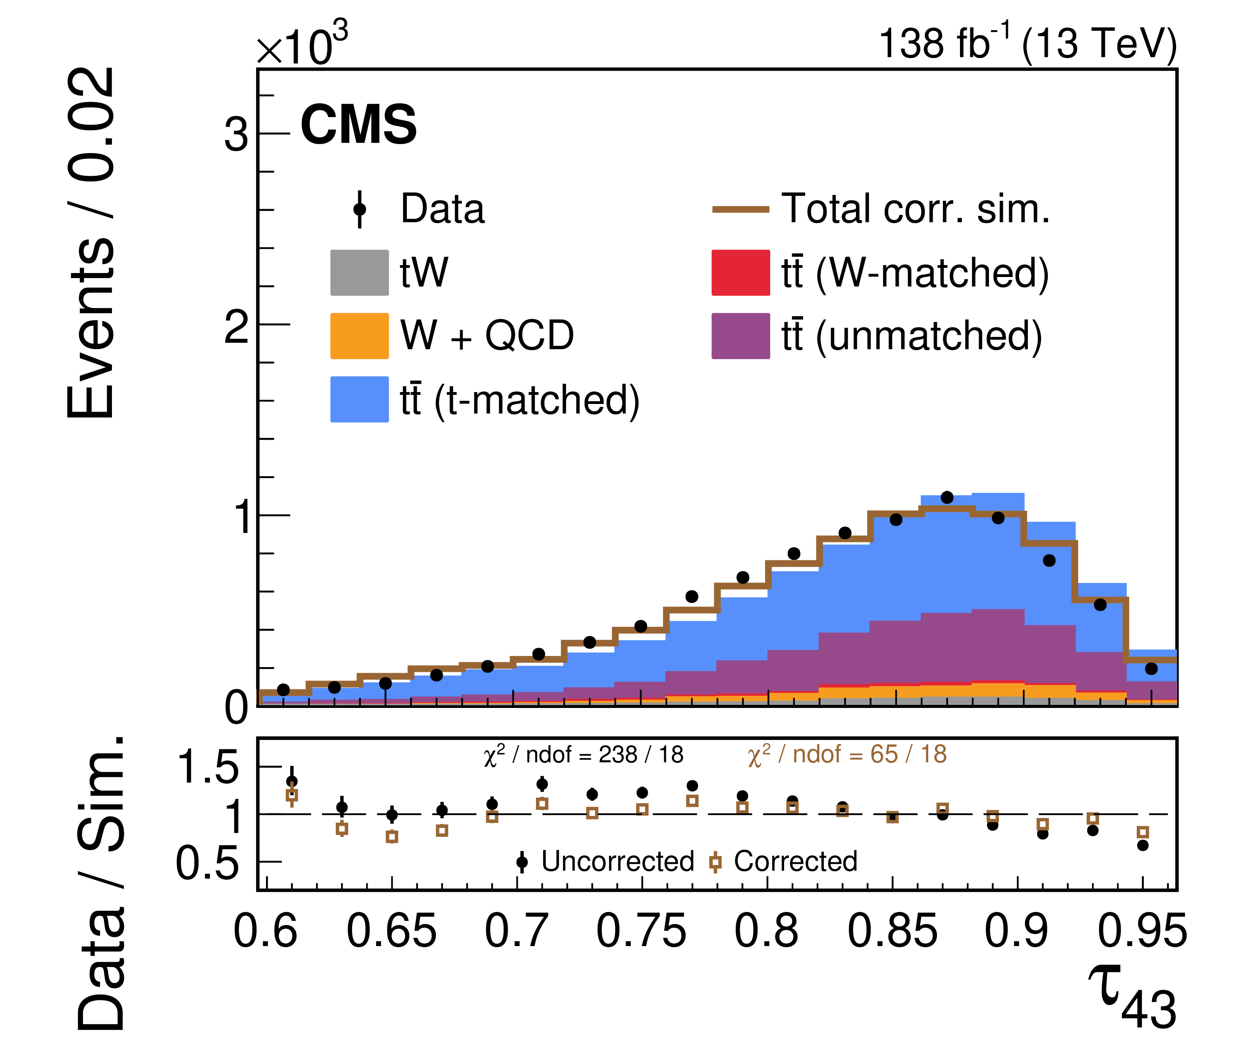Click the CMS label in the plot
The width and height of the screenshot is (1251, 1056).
tap(358, 125)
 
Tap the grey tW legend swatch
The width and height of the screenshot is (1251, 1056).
tap(359, 272)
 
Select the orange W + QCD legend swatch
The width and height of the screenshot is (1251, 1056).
tap(359, 336)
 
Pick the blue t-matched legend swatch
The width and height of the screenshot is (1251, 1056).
tap(359, 399)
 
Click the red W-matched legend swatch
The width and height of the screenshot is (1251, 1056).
tap(740, 272)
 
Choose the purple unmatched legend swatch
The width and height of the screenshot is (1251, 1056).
tap(740, 336)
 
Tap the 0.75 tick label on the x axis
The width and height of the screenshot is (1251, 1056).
tap(641, 932)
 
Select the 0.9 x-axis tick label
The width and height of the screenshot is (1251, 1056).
tap(1016, 932)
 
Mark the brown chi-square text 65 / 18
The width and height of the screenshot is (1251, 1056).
tap(847, 755)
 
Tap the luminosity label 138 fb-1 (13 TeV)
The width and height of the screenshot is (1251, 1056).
tap(1027, 43)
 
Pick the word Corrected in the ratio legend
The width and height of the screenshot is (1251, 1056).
tap(795, 862)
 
